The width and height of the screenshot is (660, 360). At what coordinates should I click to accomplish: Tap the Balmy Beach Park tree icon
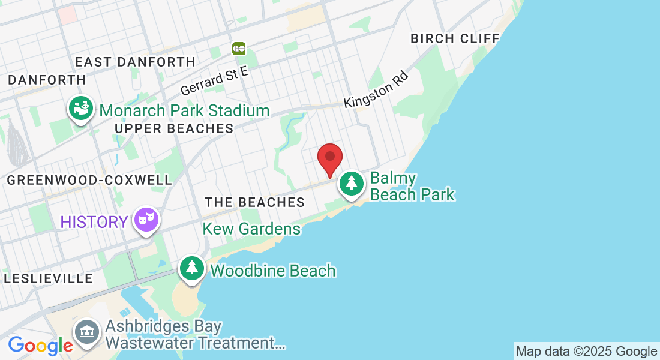click(x=351, y=183)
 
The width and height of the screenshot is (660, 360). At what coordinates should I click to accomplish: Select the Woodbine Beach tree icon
click(x=191, y=268)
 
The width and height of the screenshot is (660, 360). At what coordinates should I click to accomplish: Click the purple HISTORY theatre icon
click(x=146, y=220)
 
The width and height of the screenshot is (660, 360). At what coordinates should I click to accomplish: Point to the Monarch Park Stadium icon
click(x=80, y=109)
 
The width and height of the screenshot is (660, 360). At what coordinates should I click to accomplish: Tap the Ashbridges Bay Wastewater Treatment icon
click(x=87, y=331)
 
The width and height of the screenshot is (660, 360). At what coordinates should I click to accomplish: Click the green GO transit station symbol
click(x=239, y=48)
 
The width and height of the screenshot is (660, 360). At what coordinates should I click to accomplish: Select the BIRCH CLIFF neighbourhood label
click(x=455, y=38)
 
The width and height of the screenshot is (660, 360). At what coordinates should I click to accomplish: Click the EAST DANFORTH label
click(x=136, y=62)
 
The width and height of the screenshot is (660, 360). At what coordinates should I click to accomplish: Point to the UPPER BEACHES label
click(x=174, y=128)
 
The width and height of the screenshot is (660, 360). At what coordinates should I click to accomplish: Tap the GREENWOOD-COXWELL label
click(x=89, y=180)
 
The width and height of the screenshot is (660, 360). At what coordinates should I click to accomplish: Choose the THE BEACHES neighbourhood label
click(x=255, y=202)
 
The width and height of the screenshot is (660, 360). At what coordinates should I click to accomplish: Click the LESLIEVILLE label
click(x=49, y=278)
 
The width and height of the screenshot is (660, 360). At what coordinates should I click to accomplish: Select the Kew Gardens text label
click(x=251, y=229)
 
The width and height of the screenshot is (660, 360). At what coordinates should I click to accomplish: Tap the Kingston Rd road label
click(x=376, y=91)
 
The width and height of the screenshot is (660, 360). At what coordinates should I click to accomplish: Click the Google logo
click(x=40, y=345)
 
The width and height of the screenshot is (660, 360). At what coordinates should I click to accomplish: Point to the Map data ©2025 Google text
click(x=586, y=352)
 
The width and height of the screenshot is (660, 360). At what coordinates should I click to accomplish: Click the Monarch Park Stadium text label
click(x=184, y=110)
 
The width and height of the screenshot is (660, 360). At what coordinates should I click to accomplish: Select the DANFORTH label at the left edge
click(x=47, y=80)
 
